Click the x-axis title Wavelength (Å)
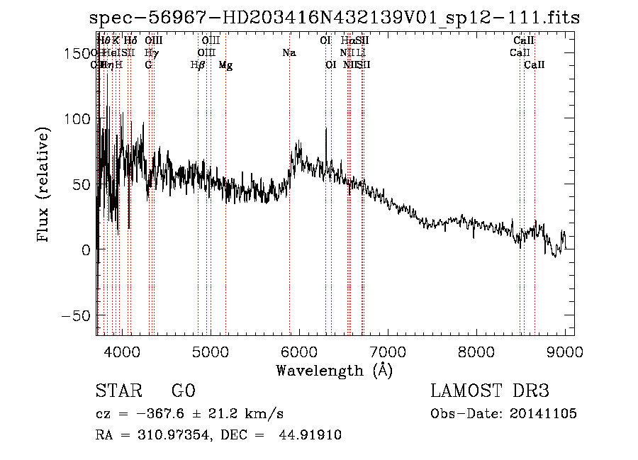(334, 370)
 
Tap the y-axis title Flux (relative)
(44, 186)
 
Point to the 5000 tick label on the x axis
(210, 351)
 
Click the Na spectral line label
(289, 53)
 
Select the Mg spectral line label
(225, 65)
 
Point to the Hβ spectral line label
(198, 65)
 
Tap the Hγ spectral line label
(151, 53)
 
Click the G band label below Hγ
(148, 65)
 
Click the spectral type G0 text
(183, 391)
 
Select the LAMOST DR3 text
(490, 391)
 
